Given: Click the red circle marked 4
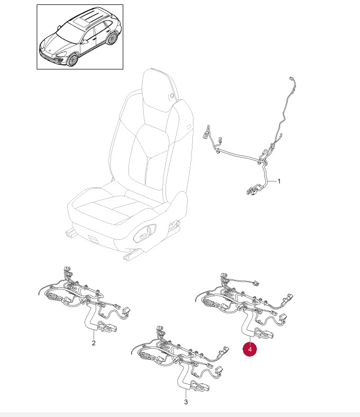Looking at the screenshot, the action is pyautogui.click(x=250, y=349).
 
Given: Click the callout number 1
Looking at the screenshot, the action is pyautogui.click(x=279, y=181).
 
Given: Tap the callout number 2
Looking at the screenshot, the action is pyautogui.click(x=94, y=343).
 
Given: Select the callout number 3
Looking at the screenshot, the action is pyautogui.click(x=186, y=402).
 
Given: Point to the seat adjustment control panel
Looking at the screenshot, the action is pyautogui.click(x=145, y=233).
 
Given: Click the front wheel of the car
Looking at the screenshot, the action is pyautogui.click(x=72, y=60).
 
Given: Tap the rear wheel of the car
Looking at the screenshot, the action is pyautogui.click(x=112, y=38).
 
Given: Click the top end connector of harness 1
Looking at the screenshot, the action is pyautogui.click(x=291, y=79).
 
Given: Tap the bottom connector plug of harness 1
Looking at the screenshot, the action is pyautogui.click(x=251, y=191).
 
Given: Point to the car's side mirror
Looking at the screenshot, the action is pyautogui.click(x=85, y=41).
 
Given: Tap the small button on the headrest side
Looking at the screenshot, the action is pyautogui.click(x=172, y=95).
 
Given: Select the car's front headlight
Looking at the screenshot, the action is pyautogui.click(x=61, y=54).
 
